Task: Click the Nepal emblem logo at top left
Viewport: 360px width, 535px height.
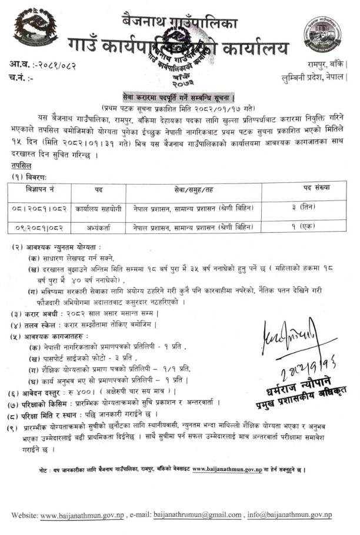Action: (x=36, y=27)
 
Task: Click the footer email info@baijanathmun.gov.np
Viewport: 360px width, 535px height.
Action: (x=289, y=515)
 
